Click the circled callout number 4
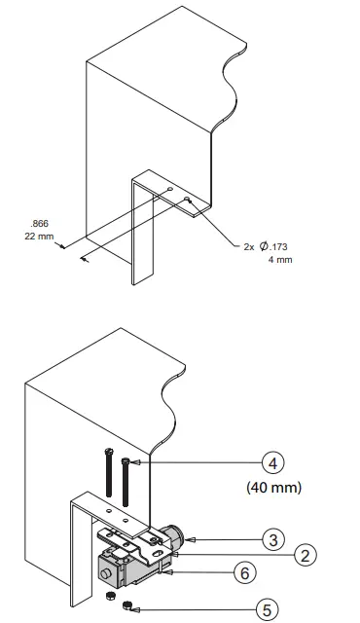pos(271,463)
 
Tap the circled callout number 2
pos(305,555)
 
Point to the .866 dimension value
pos(40,223)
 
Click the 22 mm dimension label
pos(39,236)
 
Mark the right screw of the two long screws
pos(125,478)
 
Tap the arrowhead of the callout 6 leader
pos(175,571)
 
